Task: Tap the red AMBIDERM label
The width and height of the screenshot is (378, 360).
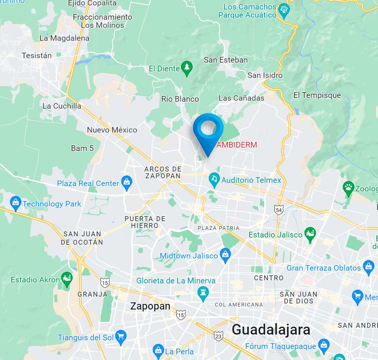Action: coord(236,145)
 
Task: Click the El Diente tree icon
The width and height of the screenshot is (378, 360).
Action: coord(186,68)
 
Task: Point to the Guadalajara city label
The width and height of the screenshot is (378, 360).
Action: coord(271,329)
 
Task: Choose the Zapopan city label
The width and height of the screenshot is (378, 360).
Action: coord(150,306)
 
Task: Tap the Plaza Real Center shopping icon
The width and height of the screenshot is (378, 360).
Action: coord(126,183)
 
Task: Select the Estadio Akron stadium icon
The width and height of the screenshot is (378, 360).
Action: coord(67,279)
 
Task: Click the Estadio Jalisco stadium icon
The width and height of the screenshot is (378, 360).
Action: coord(310,234)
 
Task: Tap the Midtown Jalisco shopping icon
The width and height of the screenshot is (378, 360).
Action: coord(225,255)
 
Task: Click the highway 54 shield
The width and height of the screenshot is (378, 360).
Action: coord(279,209)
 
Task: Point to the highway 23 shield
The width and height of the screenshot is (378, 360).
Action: coord(218,336)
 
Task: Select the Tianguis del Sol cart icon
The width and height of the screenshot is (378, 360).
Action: coord(121,337)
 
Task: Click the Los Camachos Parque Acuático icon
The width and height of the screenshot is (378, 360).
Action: coord(283,10)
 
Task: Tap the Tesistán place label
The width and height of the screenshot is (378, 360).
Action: coord(36,55)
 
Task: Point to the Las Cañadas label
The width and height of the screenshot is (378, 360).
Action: coord(241,98)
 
